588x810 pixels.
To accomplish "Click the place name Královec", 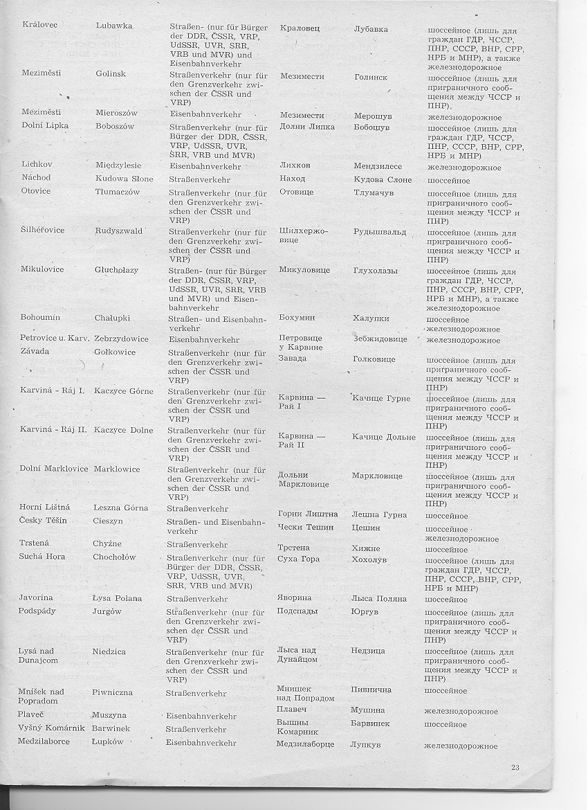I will click(39, 26).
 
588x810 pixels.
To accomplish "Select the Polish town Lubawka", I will click(114, 26).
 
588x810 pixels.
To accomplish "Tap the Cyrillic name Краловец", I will click(300, 29).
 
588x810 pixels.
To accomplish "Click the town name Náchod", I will click(36, 178).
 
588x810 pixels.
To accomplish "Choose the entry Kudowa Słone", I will click(124, 179).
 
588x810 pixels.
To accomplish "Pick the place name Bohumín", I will click(40, 318).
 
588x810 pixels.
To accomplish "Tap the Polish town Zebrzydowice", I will click(121, 339).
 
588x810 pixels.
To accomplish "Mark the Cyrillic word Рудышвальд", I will click(381, 232).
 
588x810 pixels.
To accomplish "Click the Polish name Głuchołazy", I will click(118, 270).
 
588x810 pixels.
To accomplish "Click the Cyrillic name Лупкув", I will click(367, 744).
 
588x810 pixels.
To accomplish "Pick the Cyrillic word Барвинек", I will click(370, 723).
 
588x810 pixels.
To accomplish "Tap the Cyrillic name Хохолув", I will click(371, 558).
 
